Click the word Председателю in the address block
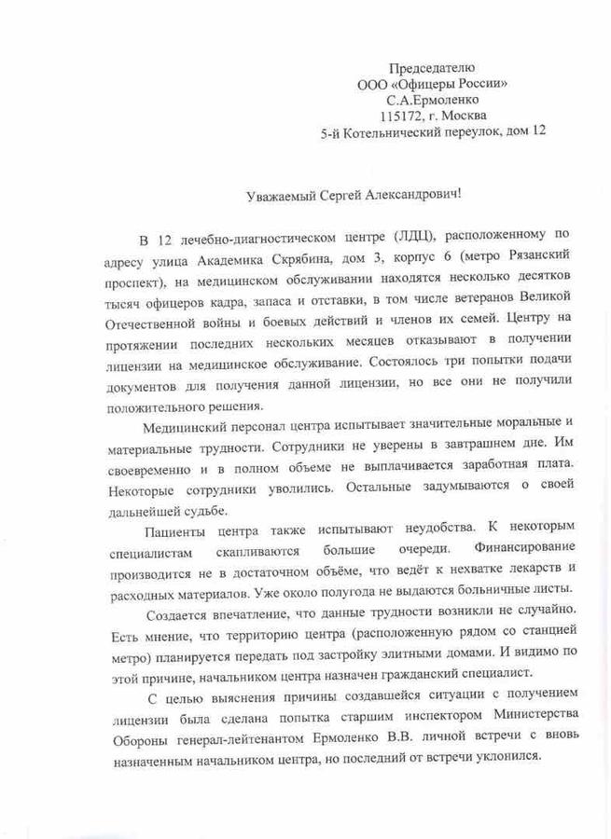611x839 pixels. pos(431,67)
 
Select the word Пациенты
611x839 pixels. pos(178,532)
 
